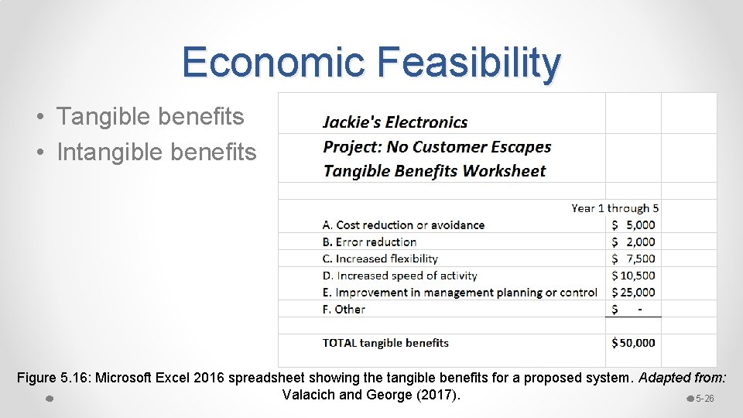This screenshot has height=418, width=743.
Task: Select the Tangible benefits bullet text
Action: coord(150,117)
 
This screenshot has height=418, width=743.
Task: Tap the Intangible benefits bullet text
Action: coord(156,152)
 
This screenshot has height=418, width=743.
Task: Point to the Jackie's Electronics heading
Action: coord(395,122)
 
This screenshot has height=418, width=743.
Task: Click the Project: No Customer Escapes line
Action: coord(437,147)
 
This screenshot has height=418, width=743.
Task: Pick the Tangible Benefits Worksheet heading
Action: coord(434,171)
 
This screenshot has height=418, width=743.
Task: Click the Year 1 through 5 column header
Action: coord(615,208)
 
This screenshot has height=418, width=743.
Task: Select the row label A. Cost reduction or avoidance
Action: coord(403,225)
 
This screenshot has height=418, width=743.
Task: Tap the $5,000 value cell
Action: coord(633,225)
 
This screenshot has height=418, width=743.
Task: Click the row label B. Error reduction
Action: coord(369,242)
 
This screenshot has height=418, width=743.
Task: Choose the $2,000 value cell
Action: coord(633,242)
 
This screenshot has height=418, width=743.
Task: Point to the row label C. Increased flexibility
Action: coord(380,259)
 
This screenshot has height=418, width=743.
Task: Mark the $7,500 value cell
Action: coord(633,259)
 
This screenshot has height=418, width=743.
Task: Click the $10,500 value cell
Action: coord(633,276)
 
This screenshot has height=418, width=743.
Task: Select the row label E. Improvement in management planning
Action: coord(460,293)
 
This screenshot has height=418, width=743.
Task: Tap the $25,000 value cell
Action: coord(633,293)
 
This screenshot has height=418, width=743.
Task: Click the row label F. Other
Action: coord(344,310)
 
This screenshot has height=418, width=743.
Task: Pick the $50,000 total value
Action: coord(633,343)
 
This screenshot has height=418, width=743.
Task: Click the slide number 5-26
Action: coord(704,399)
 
